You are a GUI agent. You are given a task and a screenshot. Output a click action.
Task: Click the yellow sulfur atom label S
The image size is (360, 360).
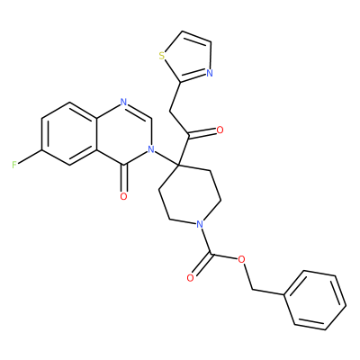coord(162,56)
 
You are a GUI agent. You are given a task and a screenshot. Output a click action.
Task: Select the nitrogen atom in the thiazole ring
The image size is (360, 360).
coord(210,73)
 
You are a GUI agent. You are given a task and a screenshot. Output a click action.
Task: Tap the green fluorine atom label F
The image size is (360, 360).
coord(14,165)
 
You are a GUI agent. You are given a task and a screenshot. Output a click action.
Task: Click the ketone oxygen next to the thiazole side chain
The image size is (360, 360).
coord(220,130)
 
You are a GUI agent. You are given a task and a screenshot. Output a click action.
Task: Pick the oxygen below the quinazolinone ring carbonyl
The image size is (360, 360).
coord(123,196)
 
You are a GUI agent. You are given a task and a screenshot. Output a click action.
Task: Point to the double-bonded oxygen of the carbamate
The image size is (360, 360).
coord(190,278)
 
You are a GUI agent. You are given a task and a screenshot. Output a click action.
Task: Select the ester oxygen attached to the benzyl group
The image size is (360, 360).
coord(242,259)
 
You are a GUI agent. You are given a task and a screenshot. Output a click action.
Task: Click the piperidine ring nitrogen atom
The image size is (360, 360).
coord(200,224)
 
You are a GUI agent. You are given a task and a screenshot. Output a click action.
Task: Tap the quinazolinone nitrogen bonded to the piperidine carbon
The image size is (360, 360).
coord(151,148)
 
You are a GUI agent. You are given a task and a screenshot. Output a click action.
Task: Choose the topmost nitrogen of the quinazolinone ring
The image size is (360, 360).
coord(123,102)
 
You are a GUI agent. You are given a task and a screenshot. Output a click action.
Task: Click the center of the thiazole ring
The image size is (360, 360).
coord(188,58)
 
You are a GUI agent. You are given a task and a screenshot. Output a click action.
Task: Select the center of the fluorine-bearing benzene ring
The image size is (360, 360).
coord(69,133)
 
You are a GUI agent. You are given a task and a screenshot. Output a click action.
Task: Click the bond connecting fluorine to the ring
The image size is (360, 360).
coord(30,157)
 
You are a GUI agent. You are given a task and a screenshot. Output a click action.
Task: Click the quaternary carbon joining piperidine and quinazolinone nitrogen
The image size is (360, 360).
coord(178,165)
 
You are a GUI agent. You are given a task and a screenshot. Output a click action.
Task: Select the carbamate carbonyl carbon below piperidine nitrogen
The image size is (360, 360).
coord(212,256)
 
